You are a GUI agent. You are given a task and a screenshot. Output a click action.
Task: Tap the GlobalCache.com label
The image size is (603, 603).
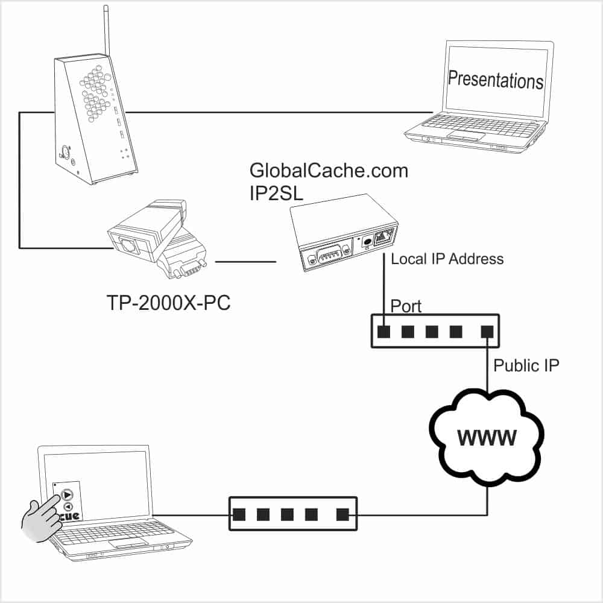click(x=329, y=171)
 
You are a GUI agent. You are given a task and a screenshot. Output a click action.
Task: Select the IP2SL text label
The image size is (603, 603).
click(x=276, y=193)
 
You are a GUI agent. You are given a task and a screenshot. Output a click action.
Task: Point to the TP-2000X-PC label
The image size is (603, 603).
click(x=168, y=303)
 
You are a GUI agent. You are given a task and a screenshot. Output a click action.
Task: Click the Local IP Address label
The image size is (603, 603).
click(x=447, y=259)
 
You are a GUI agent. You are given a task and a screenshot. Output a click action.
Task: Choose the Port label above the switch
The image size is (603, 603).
click(x=406, y=307)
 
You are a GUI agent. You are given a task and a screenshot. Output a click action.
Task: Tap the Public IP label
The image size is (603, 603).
click(x=526, y=365)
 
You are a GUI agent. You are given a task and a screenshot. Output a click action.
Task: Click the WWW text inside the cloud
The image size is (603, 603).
click(x=487, y=438)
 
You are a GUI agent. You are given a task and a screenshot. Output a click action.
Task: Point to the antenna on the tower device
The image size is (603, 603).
click(x=107, y=31)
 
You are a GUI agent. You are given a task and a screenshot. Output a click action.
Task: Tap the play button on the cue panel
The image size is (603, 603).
click(x=66, y=494)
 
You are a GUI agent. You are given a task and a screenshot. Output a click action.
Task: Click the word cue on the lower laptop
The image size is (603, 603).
click(x=70, y=516)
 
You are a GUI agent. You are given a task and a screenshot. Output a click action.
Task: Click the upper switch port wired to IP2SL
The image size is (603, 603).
click(x=384, y=332)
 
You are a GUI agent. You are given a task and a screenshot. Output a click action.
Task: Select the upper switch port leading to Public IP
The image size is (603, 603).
click(x=487, y=332)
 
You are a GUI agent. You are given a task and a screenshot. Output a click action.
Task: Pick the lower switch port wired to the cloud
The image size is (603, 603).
click(x=343, y=514)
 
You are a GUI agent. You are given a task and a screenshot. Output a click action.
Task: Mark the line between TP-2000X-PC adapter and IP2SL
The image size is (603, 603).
click(x=245, y=262)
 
